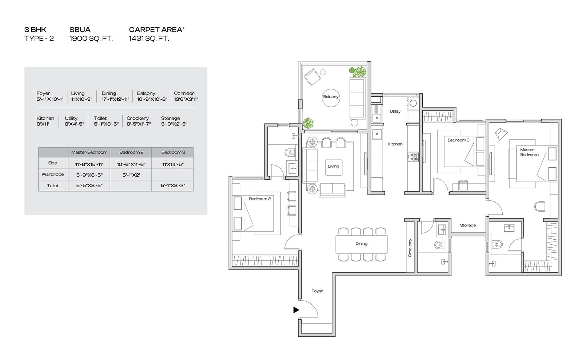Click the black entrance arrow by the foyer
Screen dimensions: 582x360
(x=296, y=310)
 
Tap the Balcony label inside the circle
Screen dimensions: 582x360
(x=331, y=97)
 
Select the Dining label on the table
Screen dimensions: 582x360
(x=362, y=244)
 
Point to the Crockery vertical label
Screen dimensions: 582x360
(x=410, y=248)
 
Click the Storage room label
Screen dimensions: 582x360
(x=468, y=225)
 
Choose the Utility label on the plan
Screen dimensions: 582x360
(x=395, y=111)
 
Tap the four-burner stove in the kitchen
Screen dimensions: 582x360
(x=413, y=157)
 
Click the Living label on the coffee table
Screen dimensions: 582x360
(x=333, y=166)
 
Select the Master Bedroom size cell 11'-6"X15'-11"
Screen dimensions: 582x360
(x=89, y=164)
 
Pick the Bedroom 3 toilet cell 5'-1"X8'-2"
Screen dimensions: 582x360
(x=173, y=185)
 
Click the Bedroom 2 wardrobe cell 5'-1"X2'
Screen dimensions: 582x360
(x=131, y=175)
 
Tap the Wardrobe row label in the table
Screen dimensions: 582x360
(x=53, y=174)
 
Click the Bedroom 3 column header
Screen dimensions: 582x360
(x=173, y=152)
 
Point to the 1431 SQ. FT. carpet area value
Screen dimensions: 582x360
(x=149, y=39)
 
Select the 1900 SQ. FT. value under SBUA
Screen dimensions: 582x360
(x=91, y=39)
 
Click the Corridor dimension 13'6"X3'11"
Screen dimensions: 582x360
(x=186, y=99)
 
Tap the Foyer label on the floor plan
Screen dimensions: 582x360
(x=317, y=291)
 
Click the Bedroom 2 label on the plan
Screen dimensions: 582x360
(x=260, y=199)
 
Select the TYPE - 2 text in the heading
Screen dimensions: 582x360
(x=39, y=39)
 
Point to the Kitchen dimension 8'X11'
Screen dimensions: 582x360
(x=43, y=124)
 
